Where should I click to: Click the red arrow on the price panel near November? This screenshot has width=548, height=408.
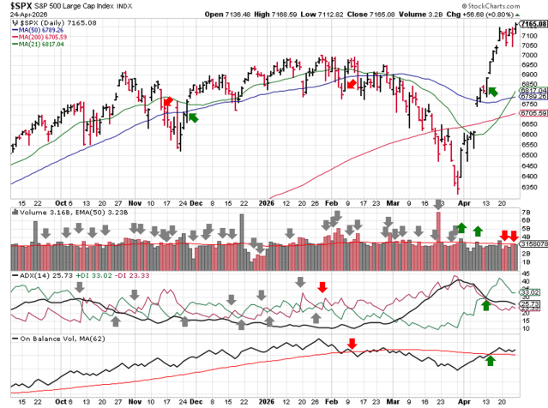point(168,101)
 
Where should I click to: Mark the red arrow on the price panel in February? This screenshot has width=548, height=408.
point(351,83)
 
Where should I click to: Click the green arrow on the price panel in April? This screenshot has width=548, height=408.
point(492,90)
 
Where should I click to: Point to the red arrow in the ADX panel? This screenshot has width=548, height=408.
point(322,286)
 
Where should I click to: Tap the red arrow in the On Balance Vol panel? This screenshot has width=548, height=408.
point(352,345)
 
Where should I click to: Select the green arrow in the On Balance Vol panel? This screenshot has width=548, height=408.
point(490,361)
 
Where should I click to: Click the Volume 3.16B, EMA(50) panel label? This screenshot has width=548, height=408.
point(60,211)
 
